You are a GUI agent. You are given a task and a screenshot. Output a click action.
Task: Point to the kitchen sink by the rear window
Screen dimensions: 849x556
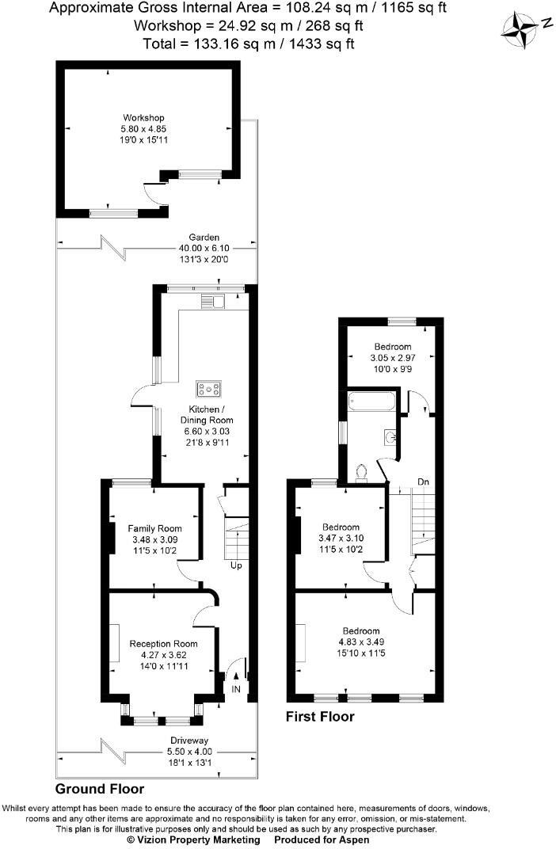click(x=213, y=299)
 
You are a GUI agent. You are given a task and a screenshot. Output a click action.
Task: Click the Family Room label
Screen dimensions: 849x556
click(x=154, y=528)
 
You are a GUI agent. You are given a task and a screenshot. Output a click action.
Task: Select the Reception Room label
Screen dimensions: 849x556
click(x=163, y=643)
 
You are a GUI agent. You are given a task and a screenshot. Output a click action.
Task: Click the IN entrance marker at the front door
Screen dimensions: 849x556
click(x=236, y=690)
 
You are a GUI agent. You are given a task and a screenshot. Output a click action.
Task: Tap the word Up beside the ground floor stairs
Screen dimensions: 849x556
click(x=236, y=565)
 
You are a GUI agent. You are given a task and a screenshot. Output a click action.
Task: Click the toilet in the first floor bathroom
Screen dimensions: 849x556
click(x=363, y=473)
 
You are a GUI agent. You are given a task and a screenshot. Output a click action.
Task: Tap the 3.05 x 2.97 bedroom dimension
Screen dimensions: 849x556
click(x=393, y=358)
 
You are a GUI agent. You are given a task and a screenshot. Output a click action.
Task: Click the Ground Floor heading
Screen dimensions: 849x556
click(x=100, y=790)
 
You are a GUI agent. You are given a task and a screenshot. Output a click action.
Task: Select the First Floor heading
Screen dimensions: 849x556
click(x=320, y=717)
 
